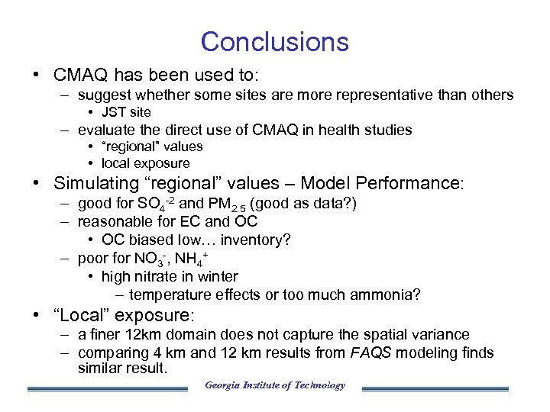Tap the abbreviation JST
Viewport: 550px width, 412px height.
pyautogui.click(x=113, y=112)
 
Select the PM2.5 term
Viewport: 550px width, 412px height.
pyautogui.click(x=226, y=204)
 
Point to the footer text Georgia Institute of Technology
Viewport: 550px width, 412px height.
pyautogui.click(x=274, y=385)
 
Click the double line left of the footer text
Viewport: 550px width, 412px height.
pyautogui.click(x=107, y=388)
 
